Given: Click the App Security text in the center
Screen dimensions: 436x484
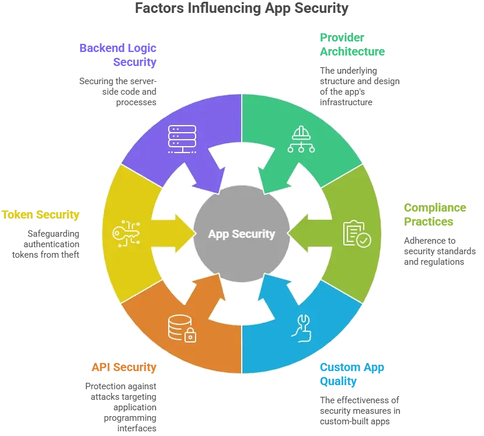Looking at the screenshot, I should pyautogui.click(x=242, y=234).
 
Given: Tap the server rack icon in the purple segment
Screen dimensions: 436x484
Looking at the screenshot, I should pyautogui.click(x=182, y=139).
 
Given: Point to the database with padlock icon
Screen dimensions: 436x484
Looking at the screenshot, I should pyautogui.click(x=182, y=328).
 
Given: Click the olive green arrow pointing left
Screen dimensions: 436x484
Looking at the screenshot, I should pyautogui.click(x=304, y=234).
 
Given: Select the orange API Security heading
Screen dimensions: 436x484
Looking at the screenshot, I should pyautogui.click(x=123, y=368).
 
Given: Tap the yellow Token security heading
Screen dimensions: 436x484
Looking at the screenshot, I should pyautogui.click(x=40, y=214).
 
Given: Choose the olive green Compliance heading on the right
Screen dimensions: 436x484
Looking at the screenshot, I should pyautogui.click(x=435, y=214).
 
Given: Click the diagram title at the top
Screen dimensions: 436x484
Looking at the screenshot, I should pyautogui.click(x=242, y=8).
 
